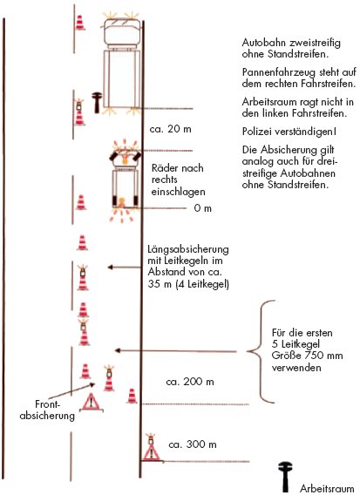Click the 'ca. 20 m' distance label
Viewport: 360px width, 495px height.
tap(171, 129)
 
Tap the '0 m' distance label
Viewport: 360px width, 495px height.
tap(203, 208)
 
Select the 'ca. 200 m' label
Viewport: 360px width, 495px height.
tap(190, 382)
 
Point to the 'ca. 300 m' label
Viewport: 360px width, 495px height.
tap(193, 444)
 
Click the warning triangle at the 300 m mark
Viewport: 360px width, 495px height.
tap(152, 452)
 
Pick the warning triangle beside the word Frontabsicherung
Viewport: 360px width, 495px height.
tap(91, 402)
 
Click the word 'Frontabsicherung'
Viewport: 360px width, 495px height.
tap(47, 410)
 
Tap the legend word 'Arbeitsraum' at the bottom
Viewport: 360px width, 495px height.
tap(327, 488)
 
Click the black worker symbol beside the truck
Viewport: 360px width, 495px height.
tap(97, 103)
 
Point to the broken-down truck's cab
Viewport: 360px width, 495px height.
tap(122, 33)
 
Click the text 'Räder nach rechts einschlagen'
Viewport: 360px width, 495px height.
tap(178, 180)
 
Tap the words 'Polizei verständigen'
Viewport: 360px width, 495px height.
tap(289, 132)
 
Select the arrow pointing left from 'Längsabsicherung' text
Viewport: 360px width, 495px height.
tap(124, 268)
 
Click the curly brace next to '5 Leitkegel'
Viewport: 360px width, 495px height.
tap(262, 351)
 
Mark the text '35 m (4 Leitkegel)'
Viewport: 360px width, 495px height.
tap(188, 284)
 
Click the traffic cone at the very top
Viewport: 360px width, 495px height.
tap(80, 23)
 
